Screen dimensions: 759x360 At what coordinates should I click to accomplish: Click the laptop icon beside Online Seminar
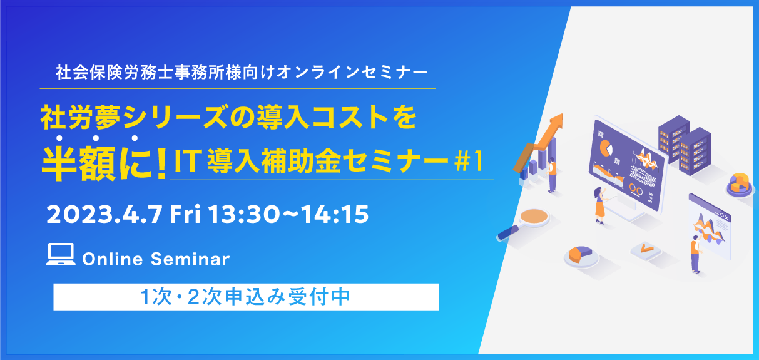click(61, 254)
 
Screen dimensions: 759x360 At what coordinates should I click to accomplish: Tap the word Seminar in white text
click(190, 259)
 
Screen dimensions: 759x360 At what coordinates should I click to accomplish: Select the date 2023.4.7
click(104, 214)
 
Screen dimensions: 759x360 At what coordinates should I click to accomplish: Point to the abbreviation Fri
click(185, 214)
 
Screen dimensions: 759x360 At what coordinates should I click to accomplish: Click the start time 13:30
click(244, 214)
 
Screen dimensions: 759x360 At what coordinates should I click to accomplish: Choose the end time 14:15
click(334, 214)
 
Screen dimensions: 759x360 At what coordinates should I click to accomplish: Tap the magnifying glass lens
click(534, 216)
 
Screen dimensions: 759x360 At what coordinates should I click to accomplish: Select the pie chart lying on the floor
click(581, 255)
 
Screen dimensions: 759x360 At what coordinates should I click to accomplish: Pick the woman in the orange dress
click(599, 205)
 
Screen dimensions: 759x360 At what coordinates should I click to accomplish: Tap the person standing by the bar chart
click(552, 175)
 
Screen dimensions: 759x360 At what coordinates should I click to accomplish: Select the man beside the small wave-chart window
click(696, 254)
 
